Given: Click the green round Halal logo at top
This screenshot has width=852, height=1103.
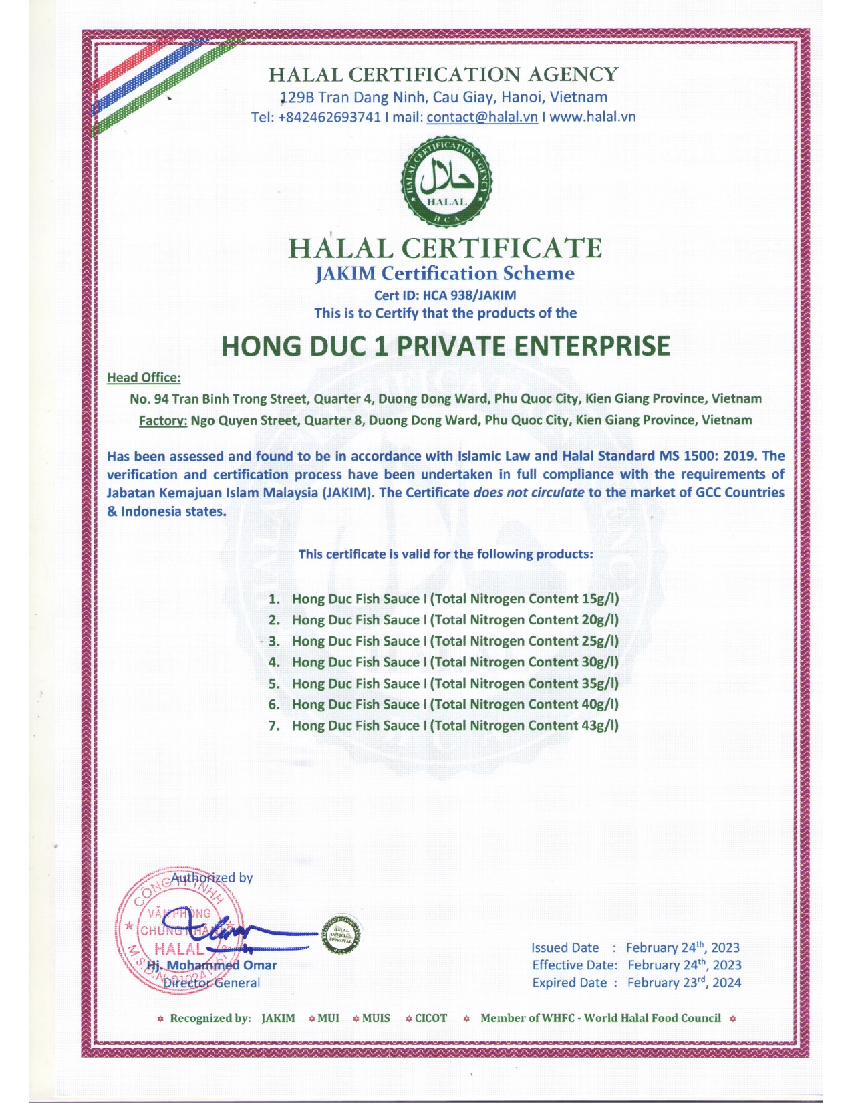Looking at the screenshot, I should (446, 182).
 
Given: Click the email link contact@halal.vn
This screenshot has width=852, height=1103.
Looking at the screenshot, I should (482, 117).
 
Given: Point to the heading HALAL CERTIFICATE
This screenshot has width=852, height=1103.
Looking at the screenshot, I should (445, 248).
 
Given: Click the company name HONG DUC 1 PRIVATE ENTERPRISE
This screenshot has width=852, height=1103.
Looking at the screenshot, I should (445, 346).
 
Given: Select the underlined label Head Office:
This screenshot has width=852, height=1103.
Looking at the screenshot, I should (144, 378).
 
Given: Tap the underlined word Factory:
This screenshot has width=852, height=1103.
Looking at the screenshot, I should (162, 420).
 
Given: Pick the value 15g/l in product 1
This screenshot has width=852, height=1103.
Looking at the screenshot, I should (600, 599).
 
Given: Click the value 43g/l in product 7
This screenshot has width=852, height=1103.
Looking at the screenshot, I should (600, 725).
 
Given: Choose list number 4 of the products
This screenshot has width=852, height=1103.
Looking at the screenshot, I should (274, 662).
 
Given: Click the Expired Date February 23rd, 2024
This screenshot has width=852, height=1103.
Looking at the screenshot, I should (684, 983).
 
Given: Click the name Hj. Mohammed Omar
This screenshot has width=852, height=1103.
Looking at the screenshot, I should (212, 965).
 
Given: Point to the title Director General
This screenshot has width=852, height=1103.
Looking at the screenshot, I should (212, 983).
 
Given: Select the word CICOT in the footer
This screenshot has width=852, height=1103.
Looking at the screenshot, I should (431, 1018).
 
